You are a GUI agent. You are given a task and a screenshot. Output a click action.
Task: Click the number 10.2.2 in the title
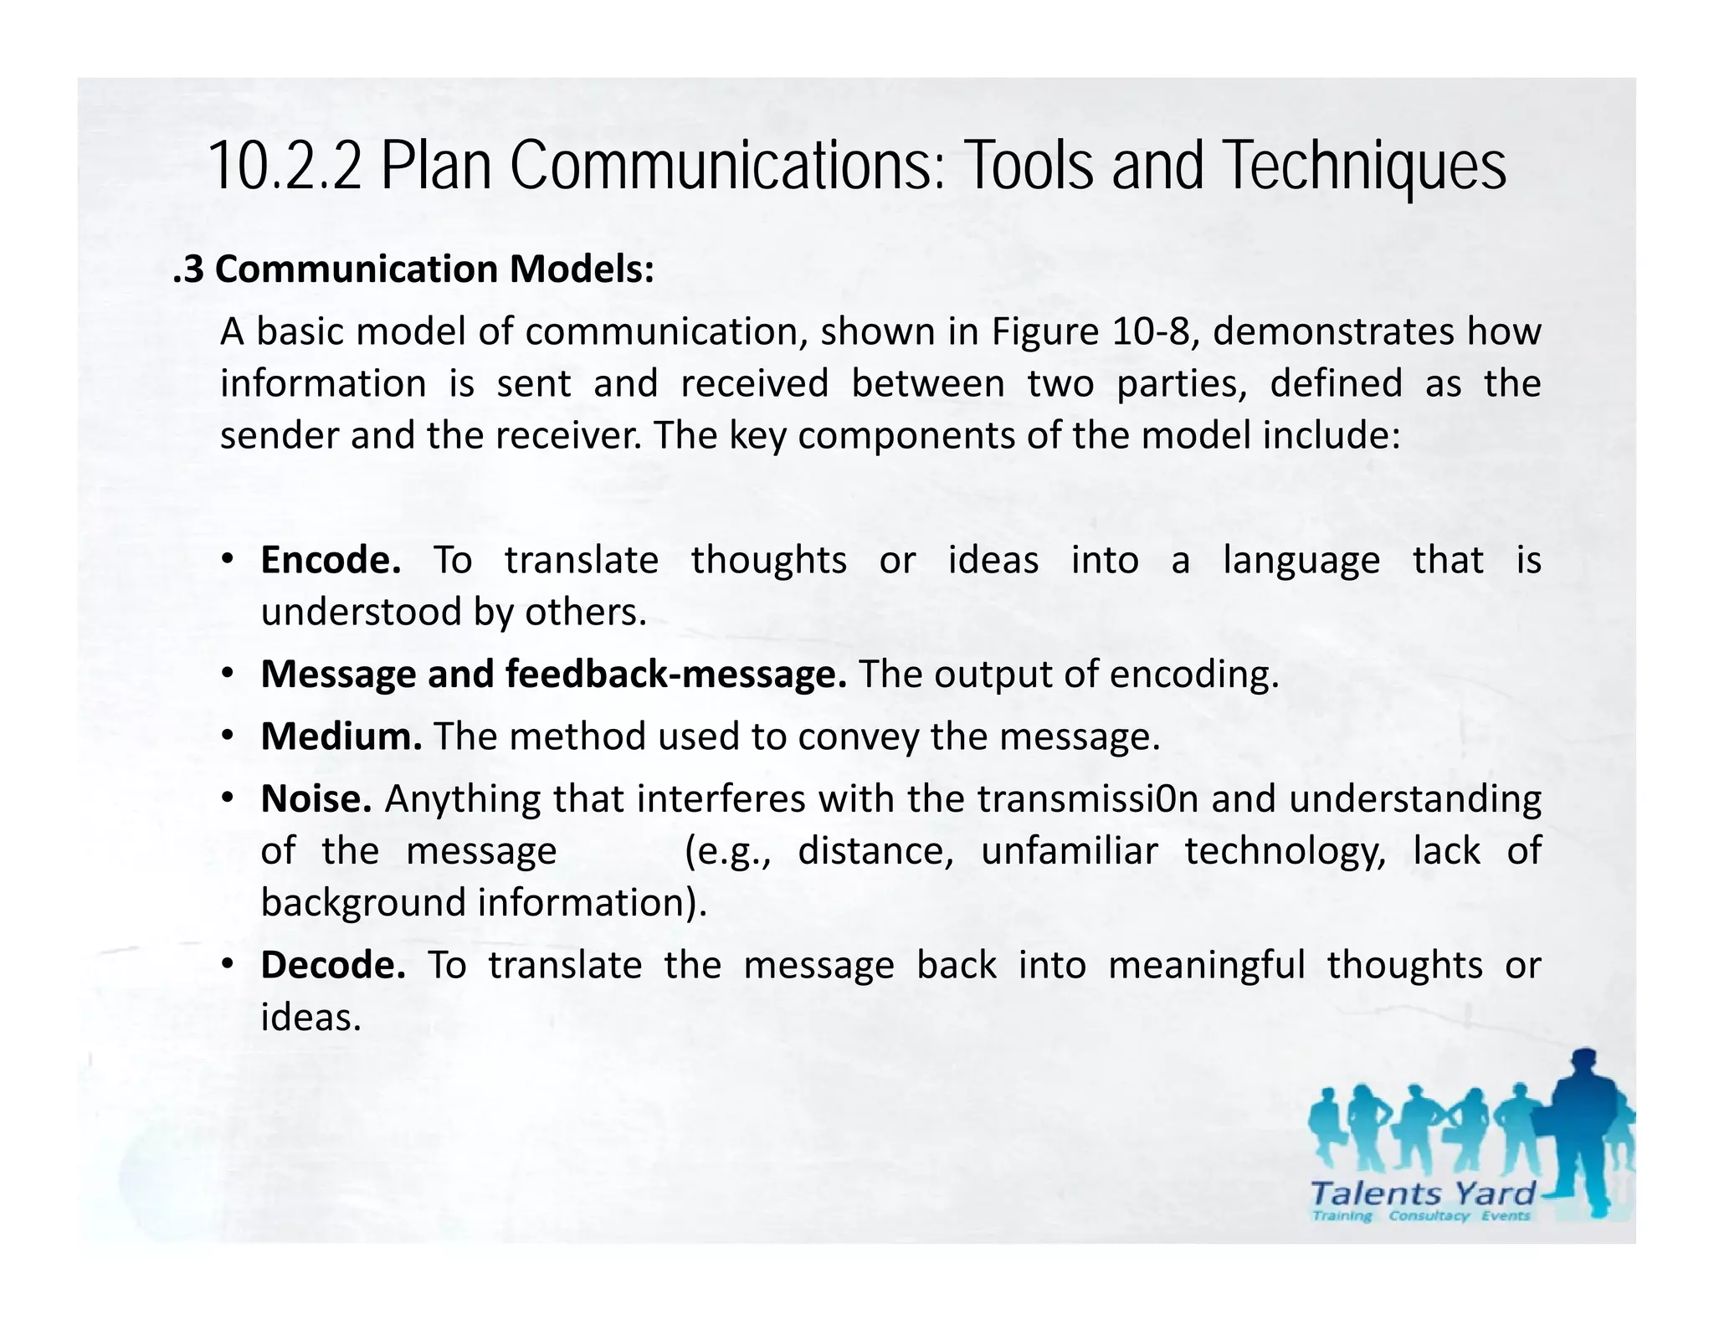(285, 167)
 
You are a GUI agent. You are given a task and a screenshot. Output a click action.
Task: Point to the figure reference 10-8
(1152, 331)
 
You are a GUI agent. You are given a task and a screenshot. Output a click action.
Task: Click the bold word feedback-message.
(676, 675)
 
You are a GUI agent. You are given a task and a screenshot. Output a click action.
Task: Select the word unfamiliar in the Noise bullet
(1069, 851)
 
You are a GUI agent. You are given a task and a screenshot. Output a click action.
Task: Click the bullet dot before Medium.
(227, 736)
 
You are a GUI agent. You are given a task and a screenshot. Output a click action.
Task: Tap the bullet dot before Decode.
(227, 965)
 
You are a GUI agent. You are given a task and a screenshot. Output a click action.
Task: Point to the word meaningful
(1206, 965)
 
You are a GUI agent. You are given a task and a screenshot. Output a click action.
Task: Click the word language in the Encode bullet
(1301, 560)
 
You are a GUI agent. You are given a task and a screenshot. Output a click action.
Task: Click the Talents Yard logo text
(1422, 1193)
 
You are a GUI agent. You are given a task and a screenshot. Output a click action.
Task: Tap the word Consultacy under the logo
(1428, 1216)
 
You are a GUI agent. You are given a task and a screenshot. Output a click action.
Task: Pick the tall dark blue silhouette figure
(1583, 1130)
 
